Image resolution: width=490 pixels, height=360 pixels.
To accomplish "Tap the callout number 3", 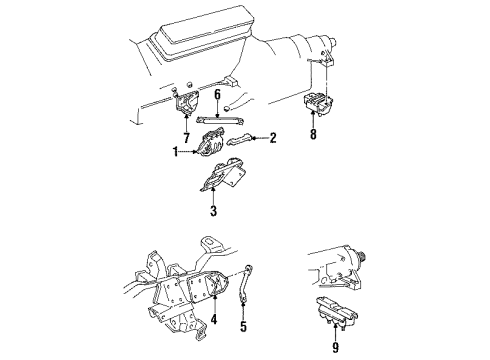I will click(x=212, y=211).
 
